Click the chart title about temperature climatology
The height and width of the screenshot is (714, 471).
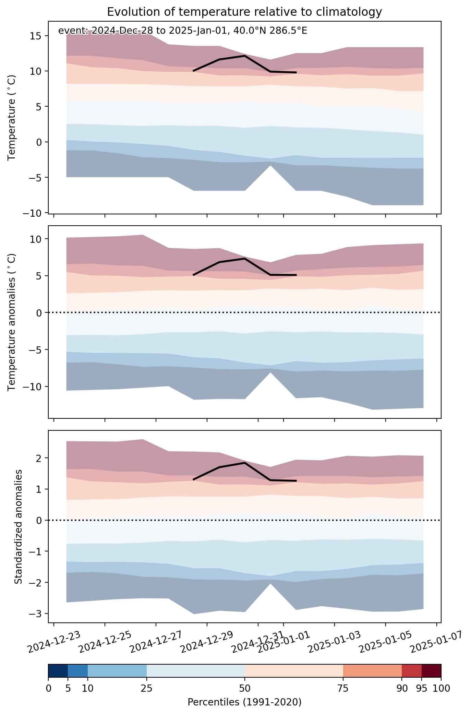pyautogui.click(x=244, y=12)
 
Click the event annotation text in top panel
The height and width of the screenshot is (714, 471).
pyautogui.click(x=183, y=31)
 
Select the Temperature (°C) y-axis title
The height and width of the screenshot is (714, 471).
pyautogui.click(x=12, y=118)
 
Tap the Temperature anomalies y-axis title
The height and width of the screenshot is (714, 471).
pyautogui.click(x=12, y=322)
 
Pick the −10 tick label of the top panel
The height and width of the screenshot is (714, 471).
pyautogui.click(x=33, y=213)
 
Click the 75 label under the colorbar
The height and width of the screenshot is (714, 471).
pyautogui.click(x=343, y=688)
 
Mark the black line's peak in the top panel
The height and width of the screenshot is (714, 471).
pyautogui.click(x=245, y=56)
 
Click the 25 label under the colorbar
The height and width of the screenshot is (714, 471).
pyautogui.click(x=146, y=688)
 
